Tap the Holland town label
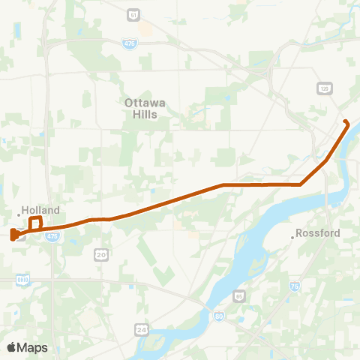40,211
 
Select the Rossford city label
318,233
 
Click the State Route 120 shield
325,88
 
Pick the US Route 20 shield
100,255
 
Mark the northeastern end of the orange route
345,121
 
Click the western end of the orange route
13,236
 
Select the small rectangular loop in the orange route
35,223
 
